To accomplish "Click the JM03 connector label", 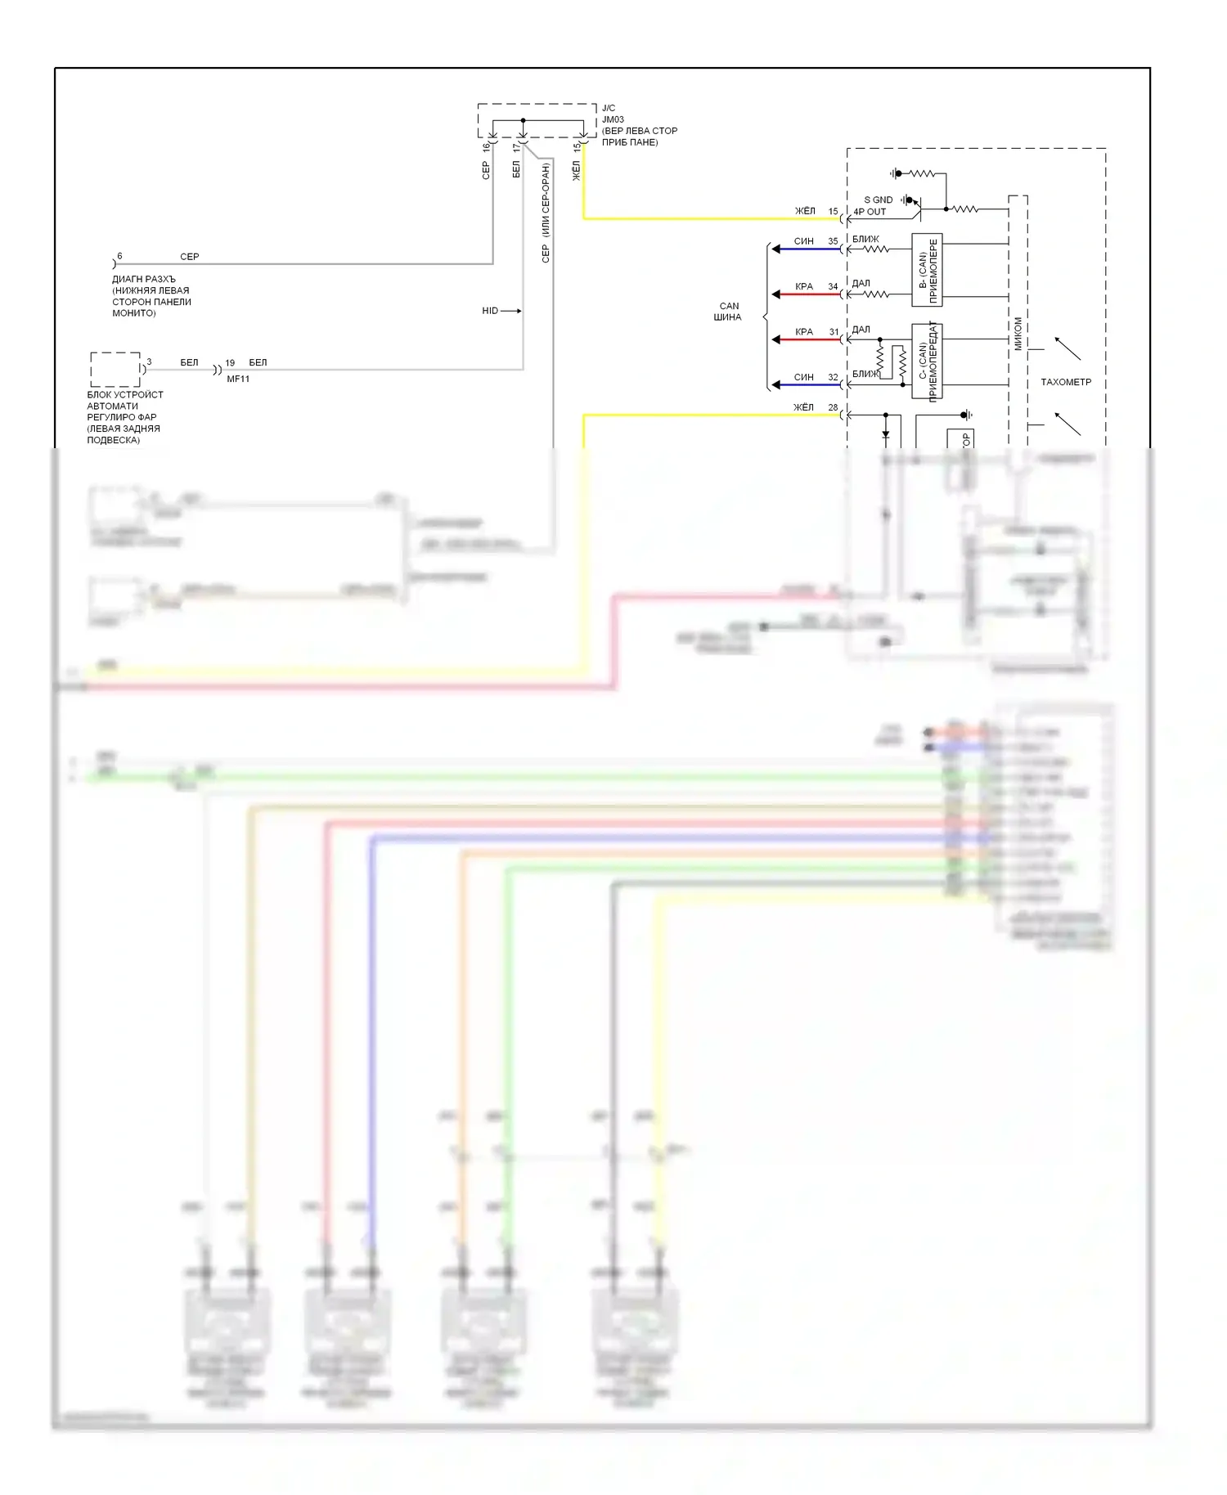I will pos(613,119).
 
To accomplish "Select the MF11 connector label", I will pos(238,379).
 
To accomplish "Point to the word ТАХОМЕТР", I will pos(1065,382).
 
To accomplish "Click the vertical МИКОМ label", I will pos(1018,334).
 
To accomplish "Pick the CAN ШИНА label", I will pos(728,312).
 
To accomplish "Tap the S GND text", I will pos(878,200).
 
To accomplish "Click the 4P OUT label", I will pos(870,212).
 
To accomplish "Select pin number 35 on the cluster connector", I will pos(833,241).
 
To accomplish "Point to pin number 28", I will pos(833,407).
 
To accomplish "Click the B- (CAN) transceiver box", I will pos(927,270).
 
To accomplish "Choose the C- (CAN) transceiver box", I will pos(927,361).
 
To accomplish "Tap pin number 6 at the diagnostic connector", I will pos(119,256).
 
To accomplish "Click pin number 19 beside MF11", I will pos(230,362).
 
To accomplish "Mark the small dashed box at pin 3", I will pos(115,369).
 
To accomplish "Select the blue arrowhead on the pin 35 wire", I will pos(775,249).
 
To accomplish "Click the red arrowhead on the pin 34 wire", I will pos(775,294).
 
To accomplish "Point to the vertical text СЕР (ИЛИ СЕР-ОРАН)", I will pos(546,213).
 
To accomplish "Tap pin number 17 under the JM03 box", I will pos(515,148).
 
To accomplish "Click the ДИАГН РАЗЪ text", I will pos(144,279).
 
